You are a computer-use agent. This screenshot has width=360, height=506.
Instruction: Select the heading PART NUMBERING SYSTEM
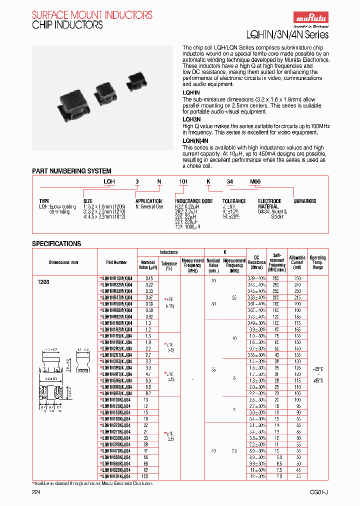point(72,171)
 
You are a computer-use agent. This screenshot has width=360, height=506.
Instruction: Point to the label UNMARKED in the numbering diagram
point(304,201)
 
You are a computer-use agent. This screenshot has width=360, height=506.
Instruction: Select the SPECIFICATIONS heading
point(56,243)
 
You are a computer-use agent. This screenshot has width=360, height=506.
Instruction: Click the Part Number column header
point(116,262)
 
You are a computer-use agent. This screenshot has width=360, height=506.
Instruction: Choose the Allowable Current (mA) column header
point(297,262)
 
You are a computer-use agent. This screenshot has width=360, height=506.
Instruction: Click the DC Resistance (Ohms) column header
point(256,262)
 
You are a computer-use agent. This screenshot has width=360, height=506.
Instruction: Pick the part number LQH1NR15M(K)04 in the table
point(117,278)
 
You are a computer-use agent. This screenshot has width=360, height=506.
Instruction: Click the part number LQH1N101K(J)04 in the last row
point(117,476)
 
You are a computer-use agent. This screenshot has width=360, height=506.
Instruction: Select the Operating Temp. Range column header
point(318,262)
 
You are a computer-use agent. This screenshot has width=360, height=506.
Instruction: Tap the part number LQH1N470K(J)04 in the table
point(117,450)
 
